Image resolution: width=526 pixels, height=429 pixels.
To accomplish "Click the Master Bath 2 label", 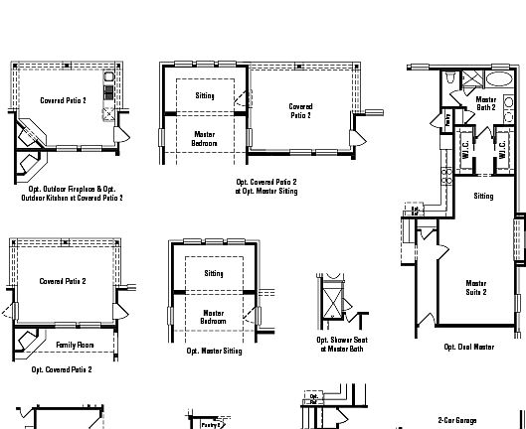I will pyautogui.click(x=485, y=103).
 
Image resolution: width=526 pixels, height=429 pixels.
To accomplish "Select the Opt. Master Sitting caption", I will pyautogui.click(x=214, y=351).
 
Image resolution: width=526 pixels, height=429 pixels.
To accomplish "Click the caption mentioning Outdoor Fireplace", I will pyautogui.click(x=72, y=193).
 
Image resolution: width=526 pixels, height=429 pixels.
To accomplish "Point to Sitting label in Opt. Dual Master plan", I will pyautogui.click(x=483, y=197).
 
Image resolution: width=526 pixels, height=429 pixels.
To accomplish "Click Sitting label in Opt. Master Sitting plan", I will pyautogui.click(x=214, y=273).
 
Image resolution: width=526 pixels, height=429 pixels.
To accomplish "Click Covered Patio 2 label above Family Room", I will pyautogui.click(x=63, y=281).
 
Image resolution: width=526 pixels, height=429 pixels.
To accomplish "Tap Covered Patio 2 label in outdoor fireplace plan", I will pyautogui.click(x=63, y=100).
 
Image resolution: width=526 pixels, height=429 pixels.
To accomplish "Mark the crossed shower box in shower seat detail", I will pyautogui.click(x=331, y=296).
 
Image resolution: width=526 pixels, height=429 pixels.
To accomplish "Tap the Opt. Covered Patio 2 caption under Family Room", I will pyautogui.click(x=62, y=369).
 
